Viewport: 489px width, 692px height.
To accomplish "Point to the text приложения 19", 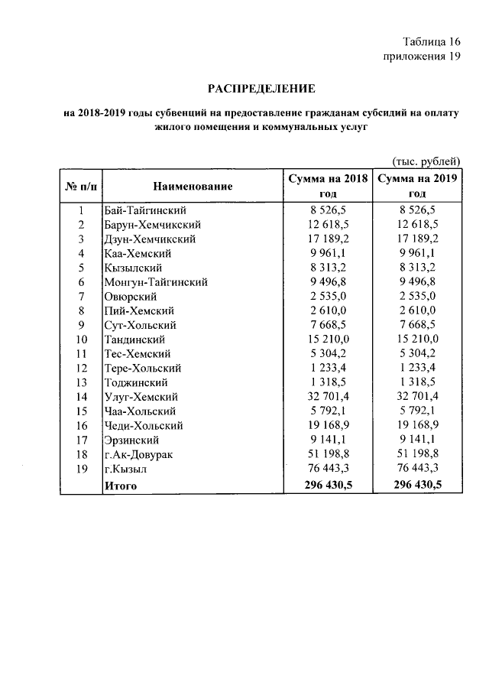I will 419,58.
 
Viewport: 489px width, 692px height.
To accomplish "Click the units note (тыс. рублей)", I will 426,161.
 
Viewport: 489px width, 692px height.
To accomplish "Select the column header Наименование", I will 193,186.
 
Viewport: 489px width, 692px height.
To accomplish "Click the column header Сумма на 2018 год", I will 328,186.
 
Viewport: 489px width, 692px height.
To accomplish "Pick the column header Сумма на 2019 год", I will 416,186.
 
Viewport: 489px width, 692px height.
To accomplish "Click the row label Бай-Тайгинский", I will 145,210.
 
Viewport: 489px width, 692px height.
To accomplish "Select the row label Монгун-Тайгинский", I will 155,282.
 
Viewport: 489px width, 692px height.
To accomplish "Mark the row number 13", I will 81,382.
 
